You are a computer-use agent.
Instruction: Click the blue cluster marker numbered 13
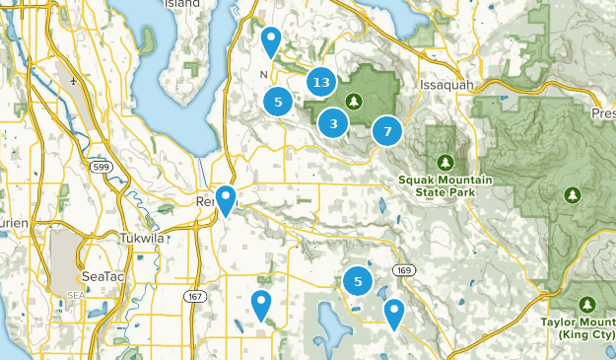pyautogui.click(x=319, y=83)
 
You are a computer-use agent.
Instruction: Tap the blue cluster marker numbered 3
pyautogui.click(x=334, y=123)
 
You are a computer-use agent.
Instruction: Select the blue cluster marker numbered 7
pyautogui.click(x=387, y=130)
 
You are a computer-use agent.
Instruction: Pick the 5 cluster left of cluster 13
pyautogui.click(x=279, y=100)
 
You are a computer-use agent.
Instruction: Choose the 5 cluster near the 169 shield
pyautogui.click(x=358, y=283)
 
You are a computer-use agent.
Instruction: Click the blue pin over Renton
pyautogui.click(x=226, y=200)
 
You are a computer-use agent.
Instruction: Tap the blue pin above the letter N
pyautogui.click(x=270, y=41)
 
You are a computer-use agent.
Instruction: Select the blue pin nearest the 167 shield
pyautogui.click(x=261, y=305)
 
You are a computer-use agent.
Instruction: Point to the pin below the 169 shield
pyautogui.click(x=394, y=314)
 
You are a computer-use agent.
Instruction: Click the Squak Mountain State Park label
pyautogui.click(x=436, y=185)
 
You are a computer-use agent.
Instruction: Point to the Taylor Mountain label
pyautogui.click(x=579, y=326)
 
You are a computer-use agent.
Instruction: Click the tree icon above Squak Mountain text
pyautogui.click(x=445, y=162)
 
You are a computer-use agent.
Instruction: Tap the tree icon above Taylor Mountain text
pyautogui.click(x=588, y=304)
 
